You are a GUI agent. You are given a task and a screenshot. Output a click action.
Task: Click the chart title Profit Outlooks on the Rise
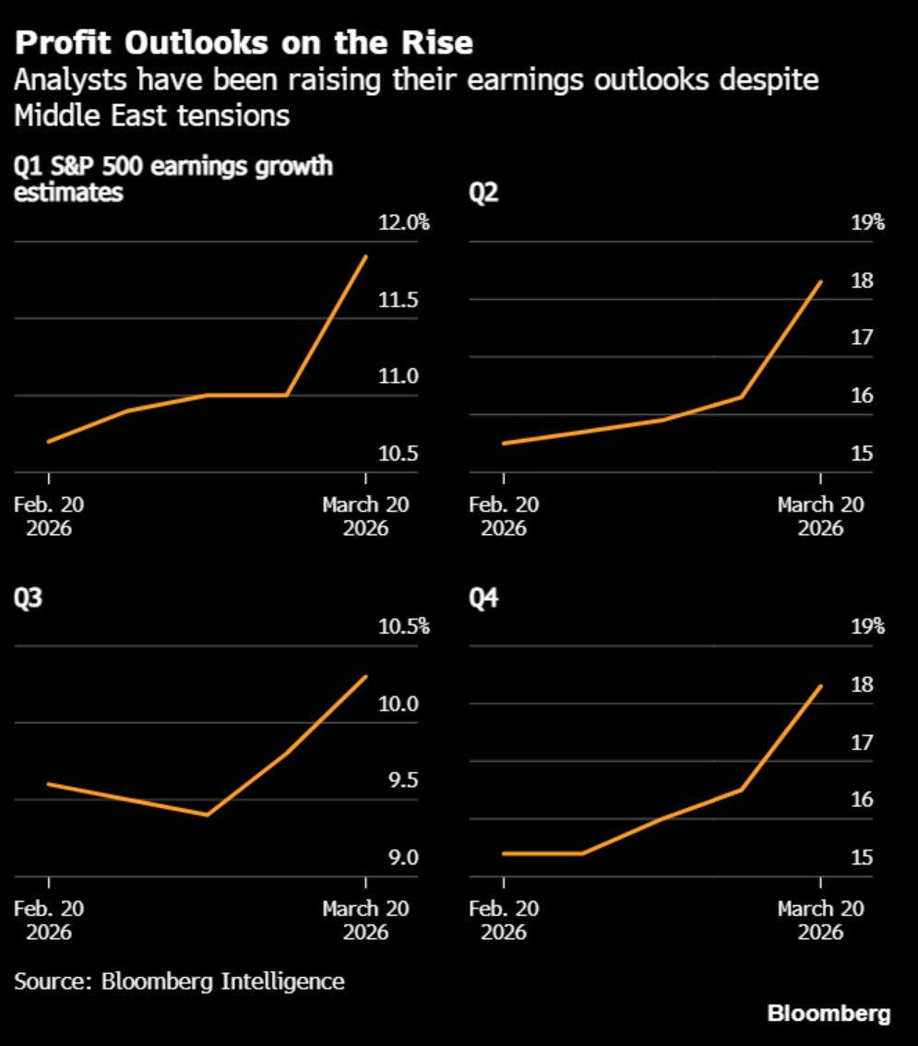244,42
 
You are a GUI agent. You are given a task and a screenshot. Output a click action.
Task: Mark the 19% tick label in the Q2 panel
866,223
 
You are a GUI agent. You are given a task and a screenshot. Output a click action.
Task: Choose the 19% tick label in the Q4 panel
866,627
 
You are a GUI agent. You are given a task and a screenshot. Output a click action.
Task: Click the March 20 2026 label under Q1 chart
365,517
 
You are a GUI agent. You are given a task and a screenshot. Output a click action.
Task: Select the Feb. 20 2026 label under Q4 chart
504,920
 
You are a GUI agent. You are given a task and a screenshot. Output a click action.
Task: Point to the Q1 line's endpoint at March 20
366,256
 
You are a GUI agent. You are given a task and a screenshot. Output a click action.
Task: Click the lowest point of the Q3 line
208,814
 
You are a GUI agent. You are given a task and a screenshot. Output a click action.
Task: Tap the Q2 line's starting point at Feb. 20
504,443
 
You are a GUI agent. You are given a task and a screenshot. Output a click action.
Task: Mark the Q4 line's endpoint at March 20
821,685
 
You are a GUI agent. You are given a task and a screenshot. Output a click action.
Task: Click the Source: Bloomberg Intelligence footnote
179,981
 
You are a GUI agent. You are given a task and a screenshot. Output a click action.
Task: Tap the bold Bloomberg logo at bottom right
829,1014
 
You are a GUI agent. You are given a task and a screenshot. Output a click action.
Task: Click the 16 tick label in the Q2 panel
862,397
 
